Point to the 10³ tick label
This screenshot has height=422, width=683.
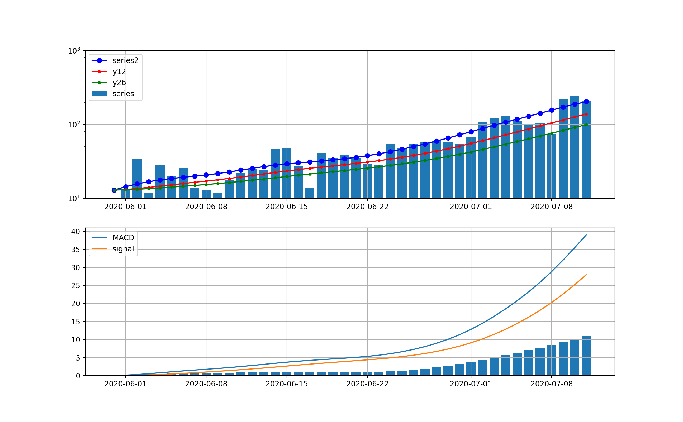pos(74,51)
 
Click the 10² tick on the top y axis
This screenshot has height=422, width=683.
pos(74,124)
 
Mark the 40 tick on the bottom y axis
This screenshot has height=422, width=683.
pos(75,231)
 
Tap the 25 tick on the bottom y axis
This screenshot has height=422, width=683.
pos(75,286)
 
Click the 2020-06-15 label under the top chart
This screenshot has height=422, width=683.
pos(287,207)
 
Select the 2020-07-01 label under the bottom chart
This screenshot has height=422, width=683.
pos(471,384)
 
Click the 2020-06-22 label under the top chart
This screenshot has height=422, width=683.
pos(367,207)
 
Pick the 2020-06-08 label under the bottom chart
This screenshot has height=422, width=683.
pos(206,384)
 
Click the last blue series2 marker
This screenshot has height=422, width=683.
pos(586,102)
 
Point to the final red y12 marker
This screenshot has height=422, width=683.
pos(586,114)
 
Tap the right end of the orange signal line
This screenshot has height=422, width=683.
pos(586,275)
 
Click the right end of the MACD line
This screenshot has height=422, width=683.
pos(586,235)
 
